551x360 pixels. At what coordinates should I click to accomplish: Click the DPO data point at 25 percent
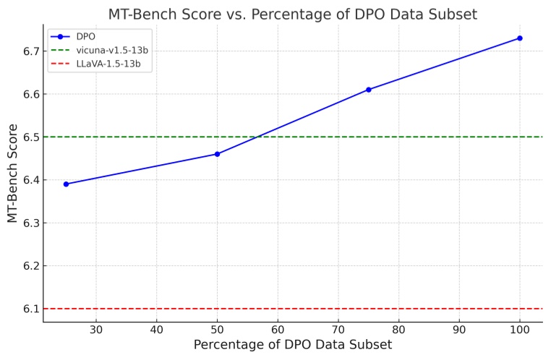[66, 184]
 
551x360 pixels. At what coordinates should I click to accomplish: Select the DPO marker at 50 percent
[217, 154]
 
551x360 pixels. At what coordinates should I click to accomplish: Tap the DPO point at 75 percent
[369, 90]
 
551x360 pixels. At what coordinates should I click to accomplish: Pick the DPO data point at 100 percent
[520, 38]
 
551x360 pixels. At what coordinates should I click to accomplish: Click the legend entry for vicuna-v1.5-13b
[112, 51]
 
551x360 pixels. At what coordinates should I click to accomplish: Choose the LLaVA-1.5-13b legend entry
[108, 64]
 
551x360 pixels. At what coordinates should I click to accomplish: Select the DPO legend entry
[85, 37]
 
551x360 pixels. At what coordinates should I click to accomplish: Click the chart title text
[292, 14]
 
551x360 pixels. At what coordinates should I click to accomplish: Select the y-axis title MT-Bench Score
[13, 173]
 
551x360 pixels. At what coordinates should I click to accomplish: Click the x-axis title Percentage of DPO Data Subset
[292, 346]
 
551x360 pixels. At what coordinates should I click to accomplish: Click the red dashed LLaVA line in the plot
[289, 309]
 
